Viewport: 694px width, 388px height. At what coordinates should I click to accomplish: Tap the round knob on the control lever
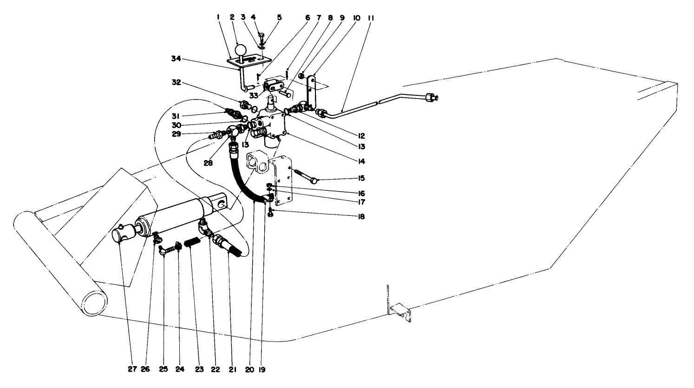tap(241, 49)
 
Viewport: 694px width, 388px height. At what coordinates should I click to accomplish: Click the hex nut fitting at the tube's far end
tap(431, 98)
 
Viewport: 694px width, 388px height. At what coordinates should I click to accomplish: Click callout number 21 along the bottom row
tap(233, 370)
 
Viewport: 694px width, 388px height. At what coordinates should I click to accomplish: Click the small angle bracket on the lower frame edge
tap(400, 311)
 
